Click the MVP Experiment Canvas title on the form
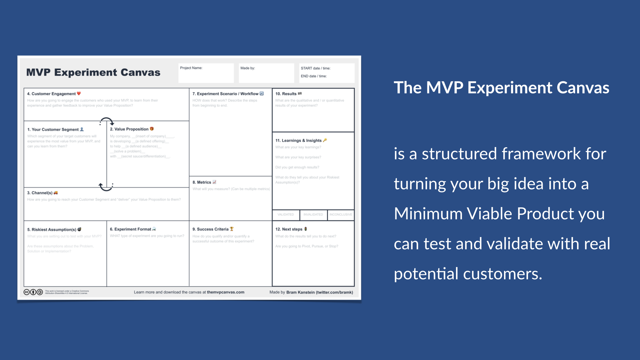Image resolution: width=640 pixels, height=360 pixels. click(x=93, y=72)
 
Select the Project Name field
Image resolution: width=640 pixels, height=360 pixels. click(x=206, y=73)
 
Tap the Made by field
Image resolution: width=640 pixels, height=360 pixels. click(x=266, y=73)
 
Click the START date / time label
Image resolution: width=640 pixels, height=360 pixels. click(x=315, y=68)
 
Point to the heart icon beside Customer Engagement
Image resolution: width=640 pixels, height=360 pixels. click(x=79, y=94)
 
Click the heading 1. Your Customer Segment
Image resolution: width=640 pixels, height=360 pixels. click(x=53, y=129)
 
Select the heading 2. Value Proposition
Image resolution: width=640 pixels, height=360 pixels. click(x=129, y=129)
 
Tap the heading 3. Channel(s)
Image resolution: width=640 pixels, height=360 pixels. click(x=40, y=193)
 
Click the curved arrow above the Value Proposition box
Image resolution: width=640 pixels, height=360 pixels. click(x=107, y=121)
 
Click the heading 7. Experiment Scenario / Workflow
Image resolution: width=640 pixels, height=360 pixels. click(x=225, y=94)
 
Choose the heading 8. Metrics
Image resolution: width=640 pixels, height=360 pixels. click(x=202, y=182)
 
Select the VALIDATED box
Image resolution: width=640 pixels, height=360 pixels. click(x=286, y=215)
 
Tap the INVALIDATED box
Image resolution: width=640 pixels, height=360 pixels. click(x=313, y=215)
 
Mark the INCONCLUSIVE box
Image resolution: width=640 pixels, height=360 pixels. click(x=341, y=215)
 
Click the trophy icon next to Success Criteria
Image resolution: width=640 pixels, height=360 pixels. click(x=232, y=229)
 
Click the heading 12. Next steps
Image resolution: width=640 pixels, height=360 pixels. click(x=289, y=229)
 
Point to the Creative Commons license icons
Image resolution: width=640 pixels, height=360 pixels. click(x=33, y=292)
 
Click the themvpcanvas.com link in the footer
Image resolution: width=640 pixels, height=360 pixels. click(x=225, y=292)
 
